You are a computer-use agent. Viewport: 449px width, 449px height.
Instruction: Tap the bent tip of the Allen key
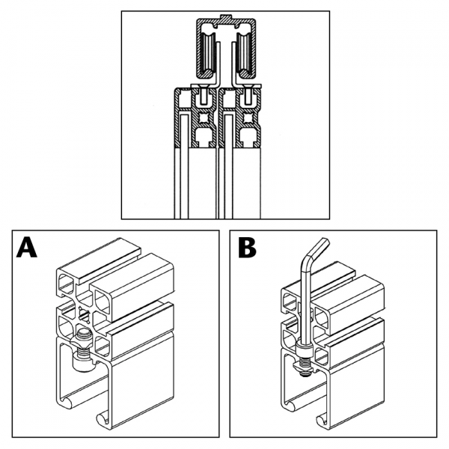coord(321,243)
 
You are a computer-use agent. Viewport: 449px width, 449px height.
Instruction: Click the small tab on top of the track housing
coord(226,16)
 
